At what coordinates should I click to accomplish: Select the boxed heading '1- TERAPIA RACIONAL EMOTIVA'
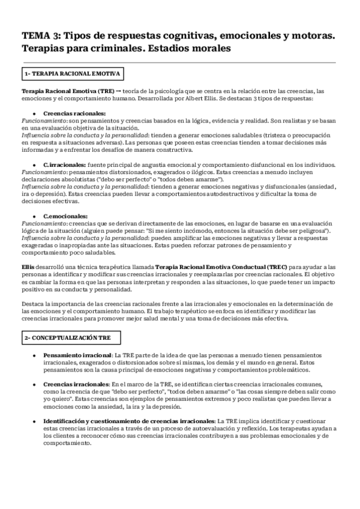tap(72, 74)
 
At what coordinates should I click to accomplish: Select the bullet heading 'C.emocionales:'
tap(65, 216)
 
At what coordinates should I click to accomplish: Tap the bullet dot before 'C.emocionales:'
tap(34, 216)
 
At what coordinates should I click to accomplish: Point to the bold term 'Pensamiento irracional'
tap(78, 356)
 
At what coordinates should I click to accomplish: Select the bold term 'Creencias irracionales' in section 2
tap(76, 383)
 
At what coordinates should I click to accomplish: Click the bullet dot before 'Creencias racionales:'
tap(34, 113)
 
